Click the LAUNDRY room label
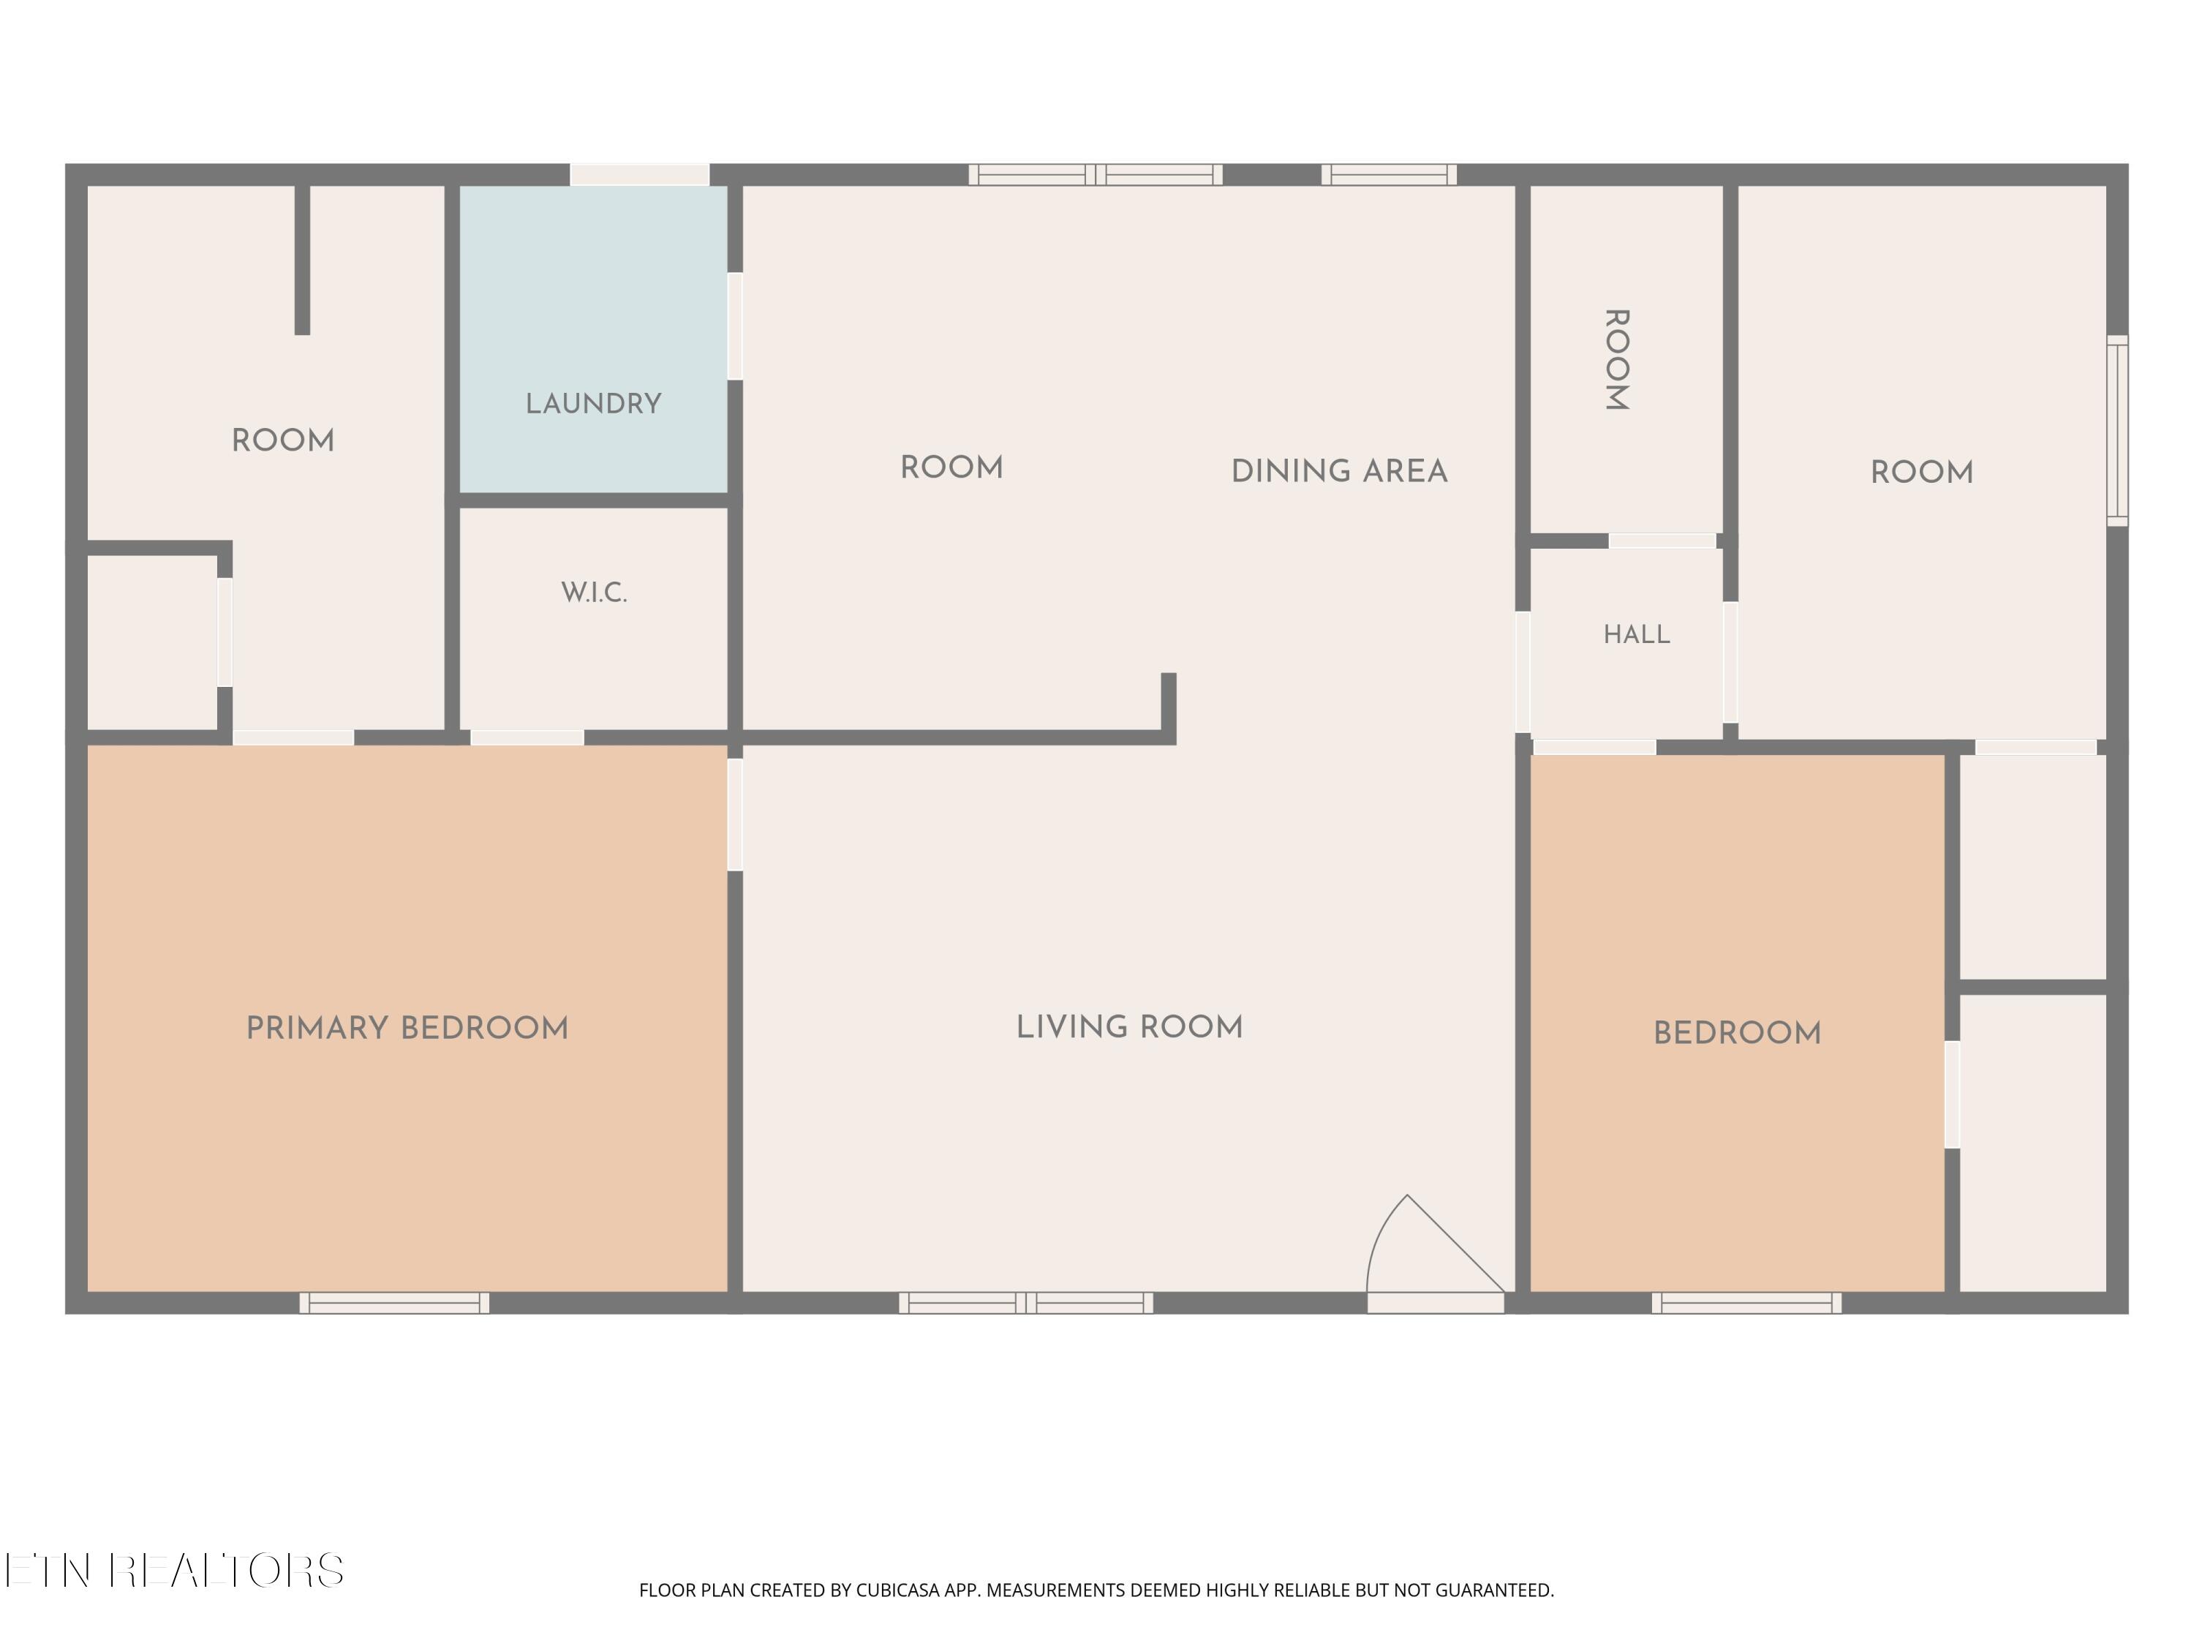tap(593, 404)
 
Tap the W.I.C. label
tap(594, 593)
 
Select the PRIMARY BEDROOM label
tap(407, 1028)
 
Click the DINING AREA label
tap(1339, 471)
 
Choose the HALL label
tap(1637, 634)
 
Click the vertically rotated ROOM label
tap(1617, 359)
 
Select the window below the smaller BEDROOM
tap(1746, 1303)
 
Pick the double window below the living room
tap(1025, 1303)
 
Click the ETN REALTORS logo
tap(175, 1571)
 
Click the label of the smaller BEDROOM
tap(1737, 1034)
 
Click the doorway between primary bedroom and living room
tap(735, 814)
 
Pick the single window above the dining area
tap(1390, 175)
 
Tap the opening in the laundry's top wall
tap(640, 175)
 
